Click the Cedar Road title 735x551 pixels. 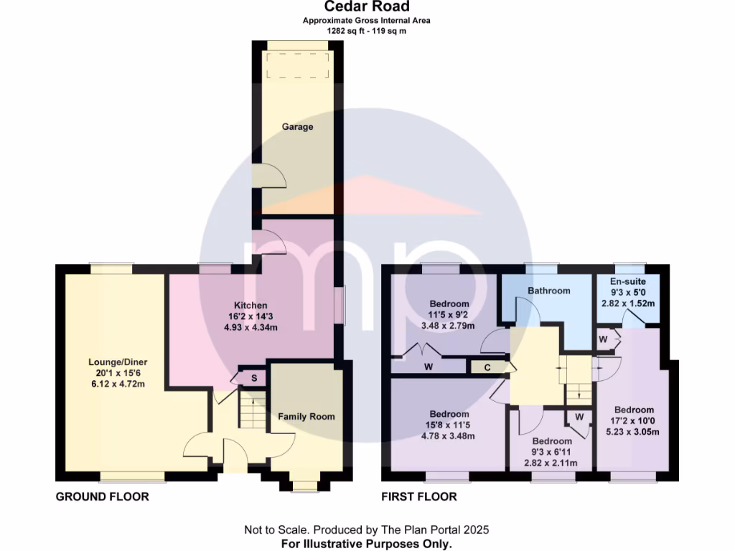coord(367,7)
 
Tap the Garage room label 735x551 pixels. coord(297,127)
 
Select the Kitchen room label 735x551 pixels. coord(250,305)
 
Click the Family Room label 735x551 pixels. coord(306,416)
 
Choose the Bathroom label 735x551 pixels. coord(549,291)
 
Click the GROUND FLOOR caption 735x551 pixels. coord(103,496)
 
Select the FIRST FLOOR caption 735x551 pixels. coord(420,496)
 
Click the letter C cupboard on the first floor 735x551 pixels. coord(486,367)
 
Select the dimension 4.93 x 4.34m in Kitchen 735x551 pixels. coord(250,328)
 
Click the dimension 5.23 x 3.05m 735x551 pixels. coord(634,432)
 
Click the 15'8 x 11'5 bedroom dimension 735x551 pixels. coord(449,425)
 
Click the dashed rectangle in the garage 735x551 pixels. coord(297,66)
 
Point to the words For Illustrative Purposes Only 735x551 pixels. coord(367,544)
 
